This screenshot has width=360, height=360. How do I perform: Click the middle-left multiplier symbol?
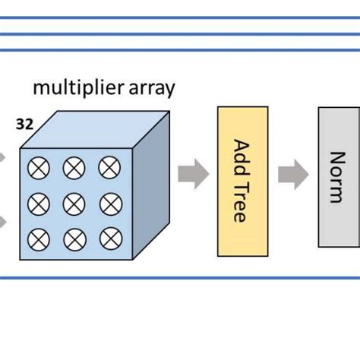pos(38,203)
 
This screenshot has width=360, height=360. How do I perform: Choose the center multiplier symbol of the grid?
pos(74,203)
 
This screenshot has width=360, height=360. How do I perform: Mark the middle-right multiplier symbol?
pos(109,203)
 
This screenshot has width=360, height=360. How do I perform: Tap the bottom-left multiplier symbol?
pos(38,238)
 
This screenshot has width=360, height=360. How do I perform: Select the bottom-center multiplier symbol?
pos(74,238)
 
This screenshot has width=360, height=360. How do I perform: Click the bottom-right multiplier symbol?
pos(109,238)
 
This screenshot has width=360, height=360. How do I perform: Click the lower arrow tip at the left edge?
pos(3,223)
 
